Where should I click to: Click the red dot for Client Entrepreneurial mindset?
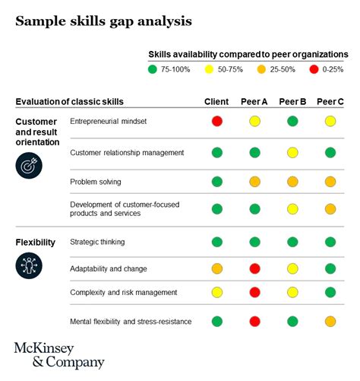point(217,121)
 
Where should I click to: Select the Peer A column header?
point(254,101)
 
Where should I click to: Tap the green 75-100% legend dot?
point(152,69)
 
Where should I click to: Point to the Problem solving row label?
point(95,182)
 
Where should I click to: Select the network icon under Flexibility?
point(29,265)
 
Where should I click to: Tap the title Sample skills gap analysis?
point(103,21)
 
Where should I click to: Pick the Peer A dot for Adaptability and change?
point(254,268)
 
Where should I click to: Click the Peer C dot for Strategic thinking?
point(330,242)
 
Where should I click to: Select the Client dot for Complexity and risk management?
point(217,292)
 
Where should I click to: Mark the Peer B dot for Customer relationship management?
point(292,152)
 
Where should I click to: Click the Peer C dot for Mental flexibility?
point(330,321)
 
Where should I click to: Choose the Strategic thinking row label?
point(97,242)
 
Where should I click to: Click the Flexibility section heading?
point(35,243)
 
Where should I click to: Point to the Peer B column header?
point(292,101)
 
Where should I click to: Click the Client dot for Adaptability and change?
point(217,268)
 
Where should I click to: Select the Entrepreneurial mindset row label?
point(108,121)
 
